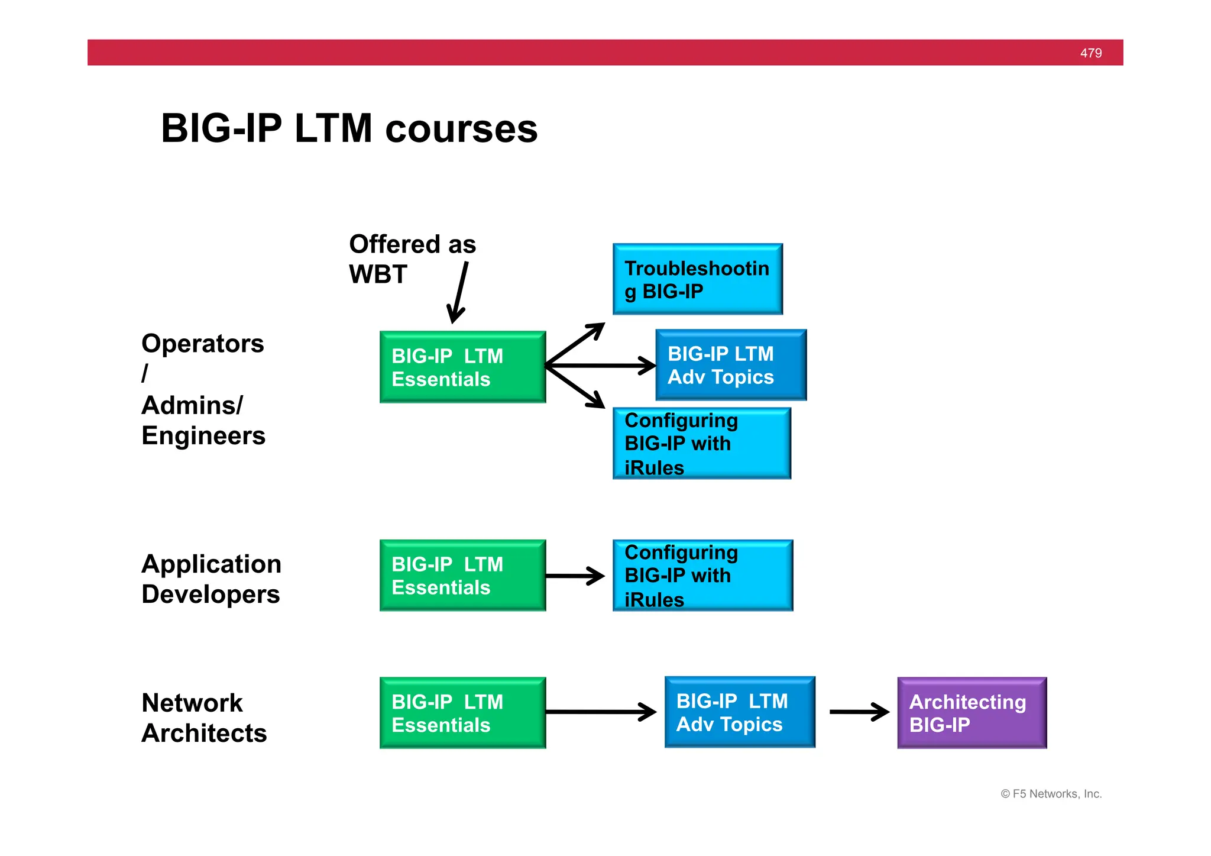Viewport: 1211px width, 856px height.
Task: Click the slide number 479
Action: tap(1090, 53)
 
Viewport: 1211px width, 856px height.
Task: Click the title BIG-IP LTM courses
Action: tap(349, 128)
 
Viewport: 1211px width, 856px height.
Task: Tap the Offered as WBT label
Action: tap(412, 259)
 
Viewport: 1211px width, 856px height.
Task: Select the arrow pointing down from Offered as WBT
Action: tap(458, 293)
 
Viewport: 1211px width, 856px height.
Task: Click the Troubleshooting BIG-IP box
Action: tap(697, 279)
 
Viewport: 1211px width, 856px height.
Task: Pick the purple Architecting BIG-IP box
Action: tap(972, 713)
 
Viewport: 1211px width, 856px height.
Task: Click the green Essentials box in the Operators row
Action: tap(462, 367)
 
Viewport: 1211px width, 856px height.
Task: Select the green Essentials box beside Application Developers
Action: tap(462, 575)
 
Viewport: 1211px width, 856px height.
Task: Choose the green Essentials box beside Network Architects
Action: tap(462, 713)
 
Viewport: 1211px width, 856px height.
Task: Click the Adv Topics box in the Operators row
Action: tap(730, 365)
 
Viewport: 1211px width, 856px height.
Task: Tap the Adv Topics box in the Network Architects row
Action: tap(739, 712)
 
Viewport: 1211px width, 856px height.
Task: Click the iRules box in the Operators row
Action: tap(701, 443)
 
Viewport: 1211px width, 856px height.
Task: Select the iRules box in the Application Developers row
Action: tap(702, 575)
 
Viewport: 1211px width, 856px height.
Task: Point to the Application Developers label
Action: tap(211, 579)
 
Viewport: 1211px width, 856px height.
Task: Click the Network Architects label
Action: tap(203, 718)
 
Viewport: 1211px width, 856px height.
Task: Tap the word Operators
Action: tap(202, 344)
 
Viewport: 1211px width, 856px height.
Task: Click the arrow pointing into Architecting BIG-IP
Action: tap(859, 712)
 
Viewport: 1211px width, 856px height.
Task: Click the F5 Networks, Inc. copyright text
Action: tap(1051, 794)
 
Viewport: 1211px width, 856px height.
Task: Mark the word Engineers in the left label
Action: tap(203, 436)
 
